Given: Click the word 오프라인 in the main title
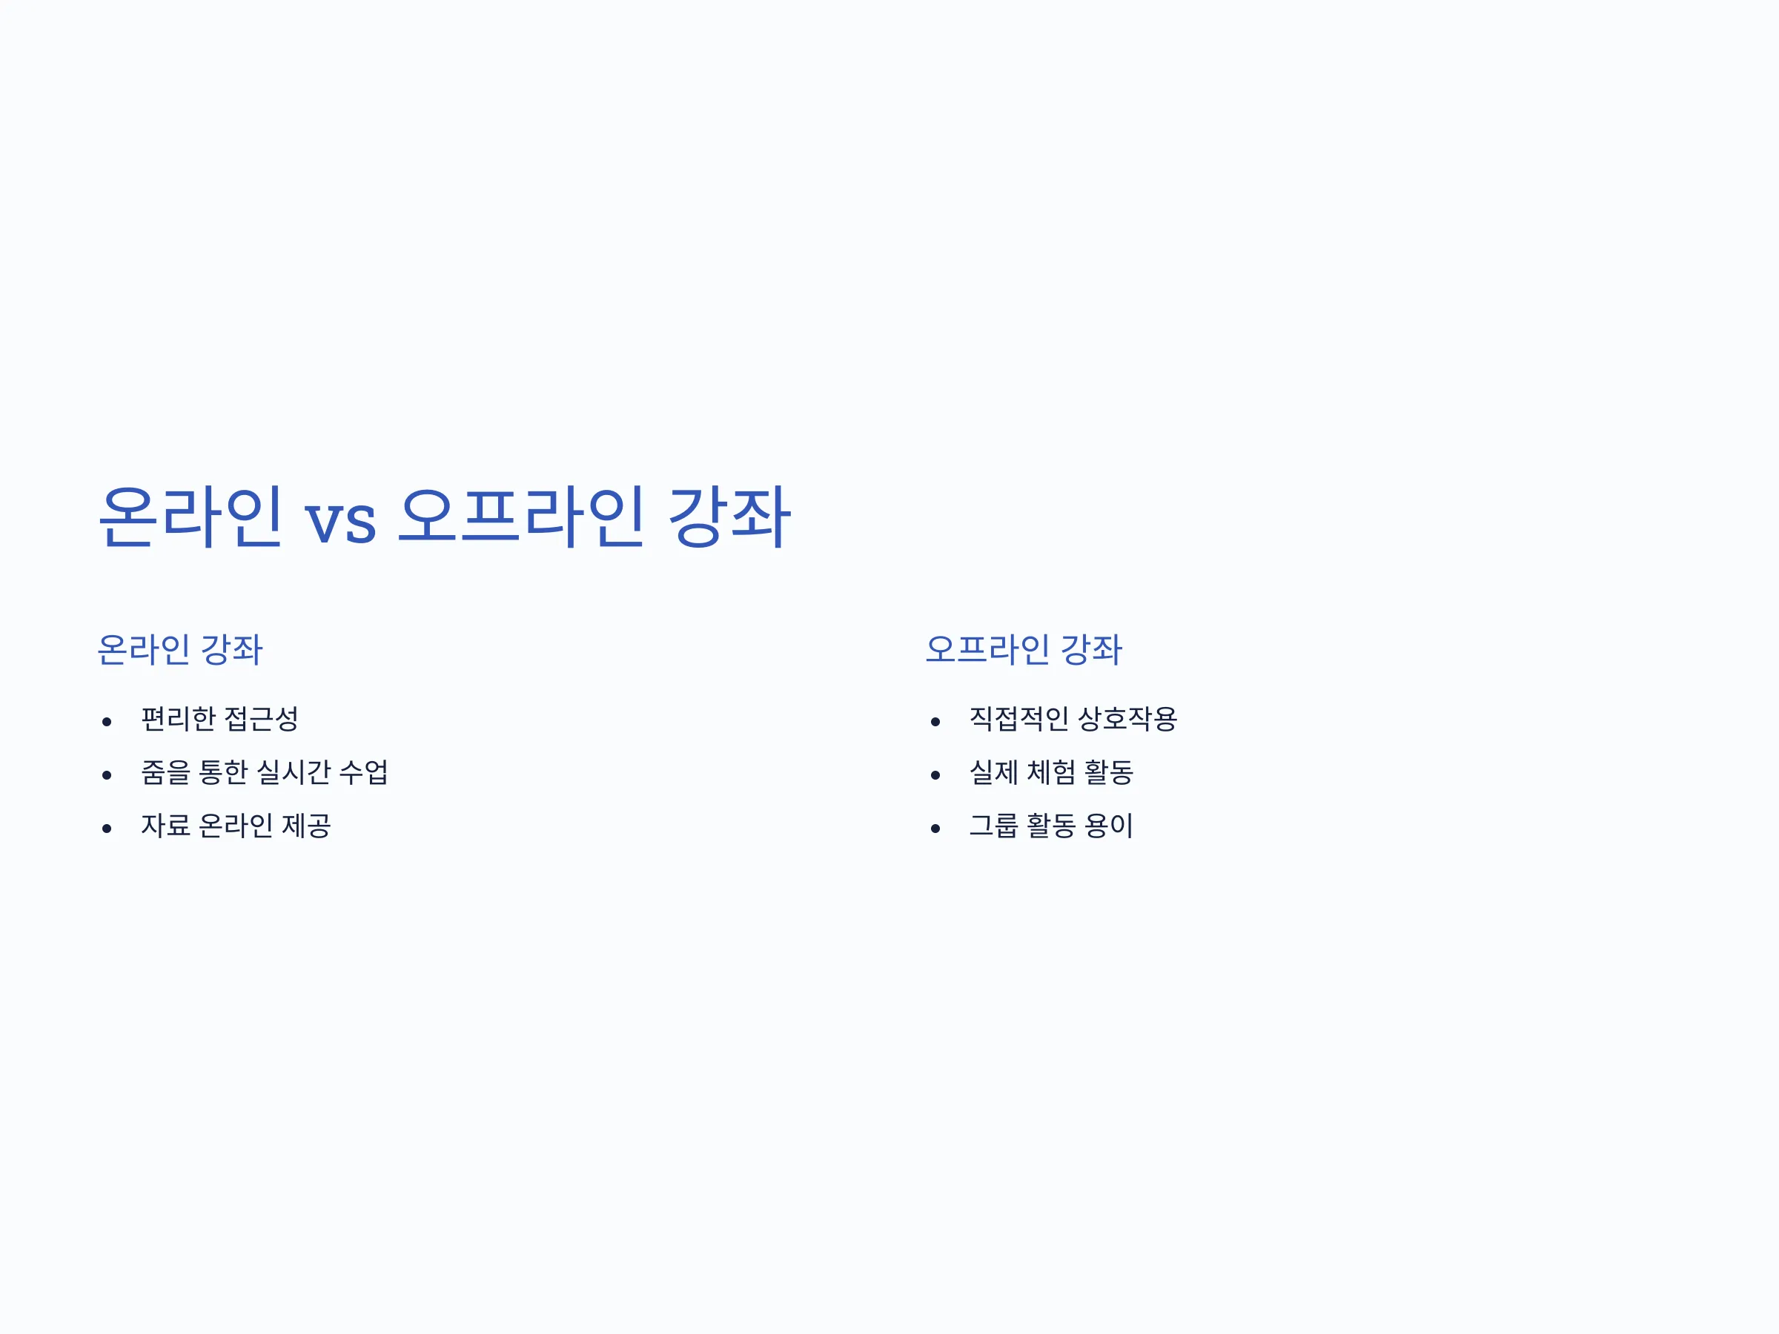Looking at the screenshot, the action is point(521,517).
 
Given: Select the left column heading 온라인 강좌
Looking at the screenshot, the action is point(180,650).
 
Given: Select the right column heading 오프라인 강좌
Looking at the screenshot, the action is point(1023,650).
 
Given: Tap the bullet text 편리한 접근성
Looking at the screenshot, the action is point(219,719).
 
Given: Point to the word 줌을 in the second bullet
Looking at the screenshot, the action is point(166,772).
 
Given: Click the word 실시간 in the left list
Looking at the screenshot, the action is point(294,772).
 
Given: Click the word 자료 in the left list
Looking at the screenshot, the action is point(166,825).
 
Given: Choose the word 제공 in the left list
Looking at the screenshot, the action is point(306,825).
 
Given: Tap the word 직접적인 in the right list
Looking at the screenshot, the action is point(1019,719).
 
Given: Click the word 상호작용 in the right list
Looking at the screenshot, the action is point(1127,719).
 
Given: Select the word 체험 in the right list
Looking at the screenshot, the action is point(1051,772).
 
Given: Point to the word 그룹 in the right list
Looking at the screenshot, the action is point(994,825).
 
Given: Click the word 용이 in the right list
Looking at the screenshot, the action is point(1109,825).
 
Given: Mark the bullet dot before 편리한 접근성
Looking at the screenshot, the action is point(107,722).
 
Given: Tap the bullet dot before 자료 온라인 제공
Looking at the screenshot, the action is point(107,829).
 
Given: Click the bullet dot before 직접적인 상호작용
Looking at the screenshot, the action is point(935,722).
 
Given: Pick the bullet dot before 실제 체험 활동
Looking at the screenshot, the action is point(935,775).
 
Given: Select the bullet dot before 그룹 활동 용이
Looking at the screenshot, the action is point(935,829).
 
